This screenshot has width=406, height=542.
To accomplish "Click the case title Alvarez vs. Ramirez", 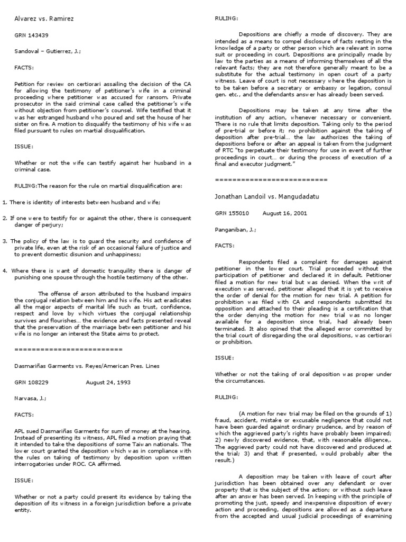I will tap(44, 19).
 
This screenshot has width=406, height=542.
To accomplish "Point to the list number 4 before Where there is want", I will tap(4, 270).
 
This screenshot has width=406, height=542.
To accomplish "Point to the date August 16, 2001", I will tap(282, 213).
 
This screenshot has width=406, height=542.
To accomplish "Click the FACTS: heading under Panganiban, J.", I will tap(225, 246).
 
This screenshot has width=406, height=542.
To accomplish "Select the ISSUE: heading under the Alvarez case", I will tap(24, 146).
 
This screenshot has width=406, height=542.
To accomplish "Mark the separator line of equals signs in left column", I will tap(68, 349).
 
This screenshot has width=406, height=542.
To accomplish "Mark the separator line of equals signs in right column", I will tap(271, 180).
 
